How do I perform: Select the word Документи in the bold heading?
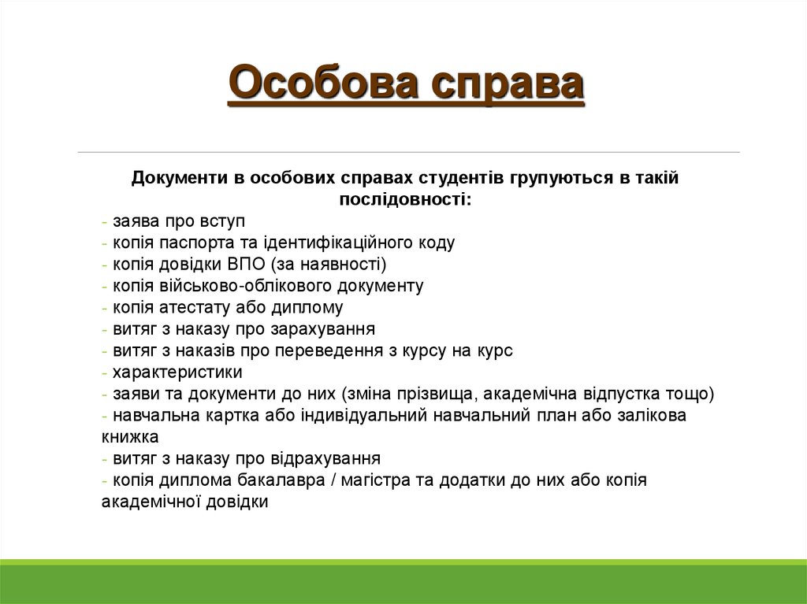click(179, 178)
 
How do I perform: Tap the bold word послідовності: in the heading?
click(406, 199)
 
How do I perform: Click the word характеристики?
click(177, 372)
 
